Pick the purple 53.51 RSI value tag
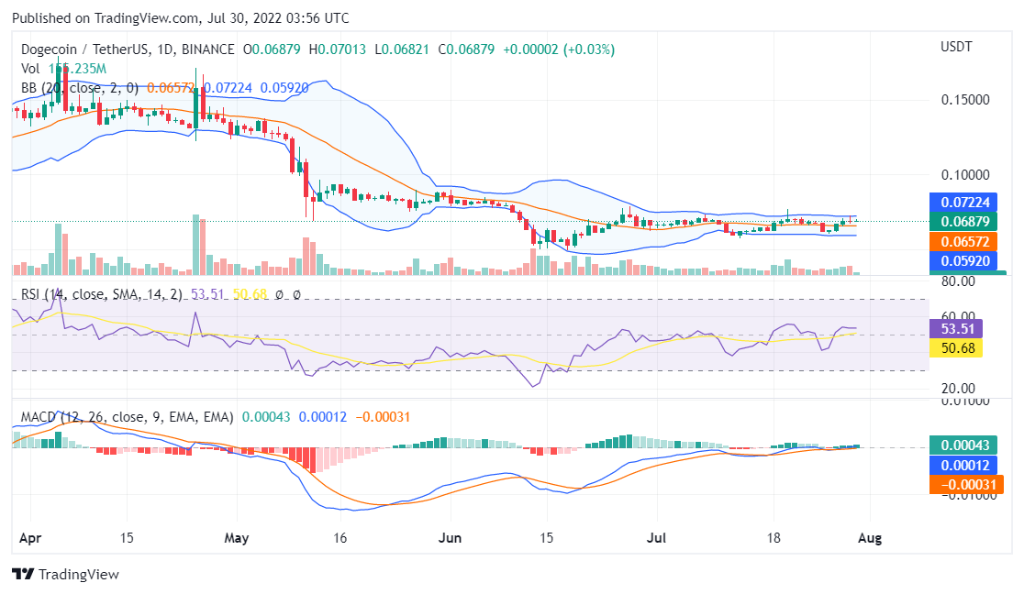click(956, 328)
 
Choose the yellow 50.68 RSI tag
click(956, 347)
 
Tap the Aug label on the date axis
click(870, 539)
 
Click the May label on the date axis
click(237, 539)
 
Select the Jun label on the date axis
click(450, 539)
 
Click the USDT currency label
click(957, 47)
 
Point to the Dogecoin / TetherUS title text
click(78, 49)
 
